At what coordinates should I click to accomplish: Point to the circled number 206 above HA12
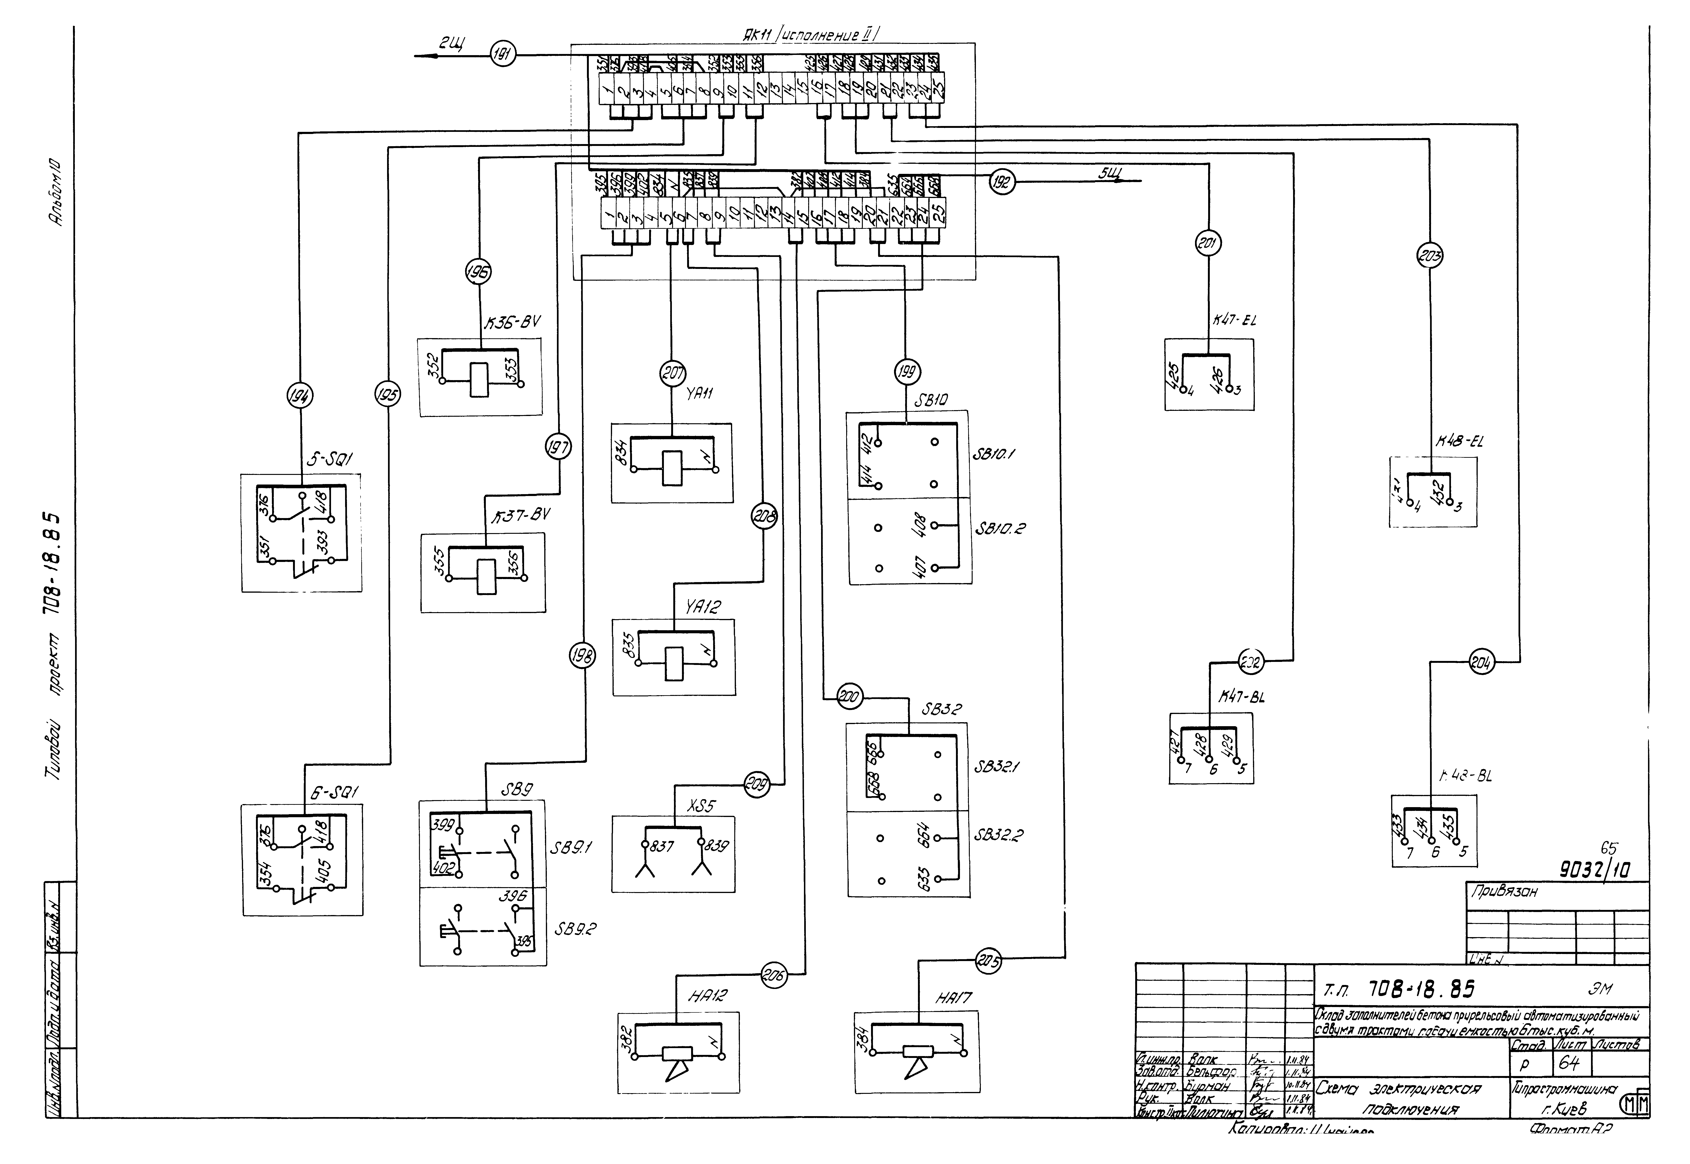tap(773, 975)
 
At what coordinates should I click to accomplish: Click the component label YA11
tap(699, 394)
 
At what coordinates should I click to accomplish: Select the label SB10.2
tap(1000, 528)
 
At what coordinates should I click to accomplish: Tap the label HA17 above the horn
tap(954, 998)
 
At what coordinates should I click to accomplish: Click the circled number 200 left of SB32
tap(849, 697)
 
